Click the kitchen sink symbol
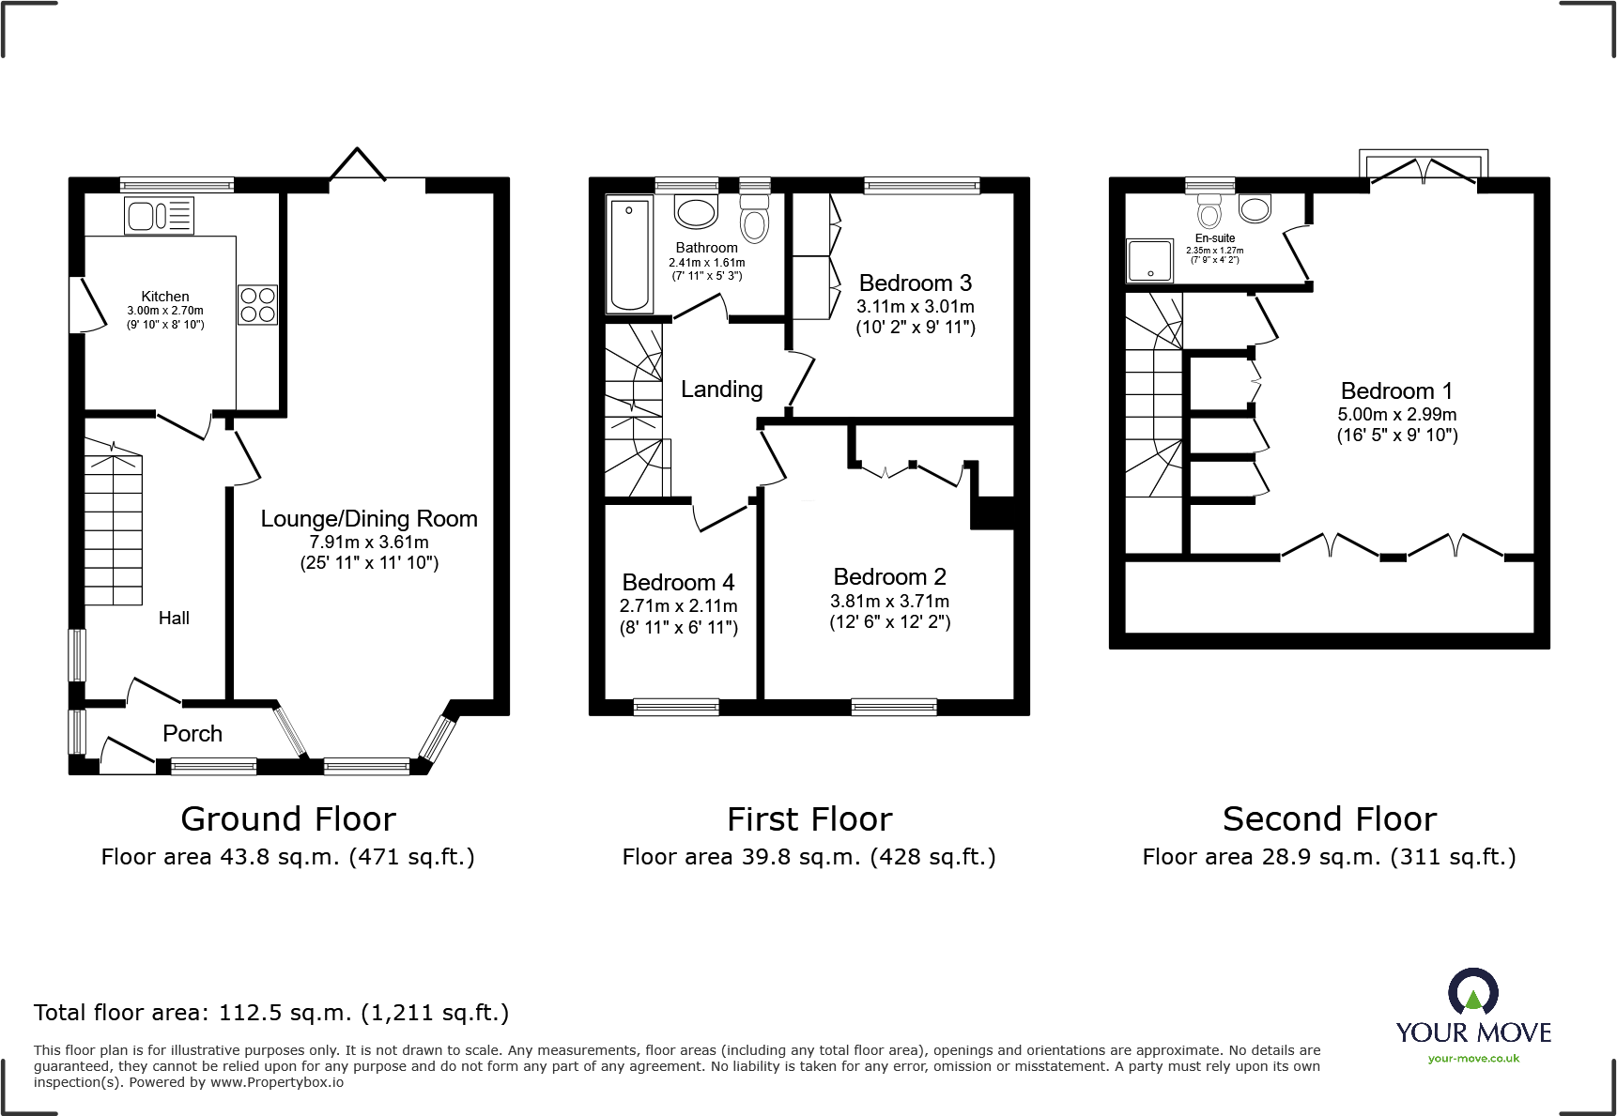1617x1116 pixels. (x=159, y=216)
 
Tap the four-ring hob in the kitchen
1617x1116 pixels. (x=257, y=305)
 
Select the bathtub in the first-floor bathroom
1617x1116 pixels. (x=630, y=255)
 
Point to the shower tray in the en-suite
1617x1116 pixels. (x=1150, y=260)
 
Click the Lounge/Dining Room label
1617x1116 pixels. (x=369, y=519)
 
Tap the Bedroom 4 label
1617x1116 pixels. (x=678, y=582)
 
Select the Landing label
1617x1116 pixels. (x=721, y=390)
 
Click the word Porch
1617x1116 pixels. (x=192, y=733)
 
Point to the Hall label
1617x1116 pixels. (x=174, y=618)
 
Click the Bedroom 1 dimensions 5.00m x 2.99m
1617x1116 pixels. (x=1397, y=414)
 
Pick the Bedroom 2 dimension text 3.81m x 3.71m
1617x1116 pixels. (x=889, y=601)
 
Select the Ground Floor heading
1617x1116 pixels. (x=288, y=819)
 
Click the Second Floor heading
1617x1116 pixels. (x=1330, y=819)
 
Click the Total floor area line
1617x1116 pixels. (x=271, y=1013)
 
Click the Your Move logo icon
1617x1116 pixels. (x=1472, y=990)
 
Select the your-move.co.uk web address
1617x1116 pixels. (x=1473, y=1059)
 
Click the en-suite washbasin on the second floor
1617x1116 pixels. (x=1255, y=208)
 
